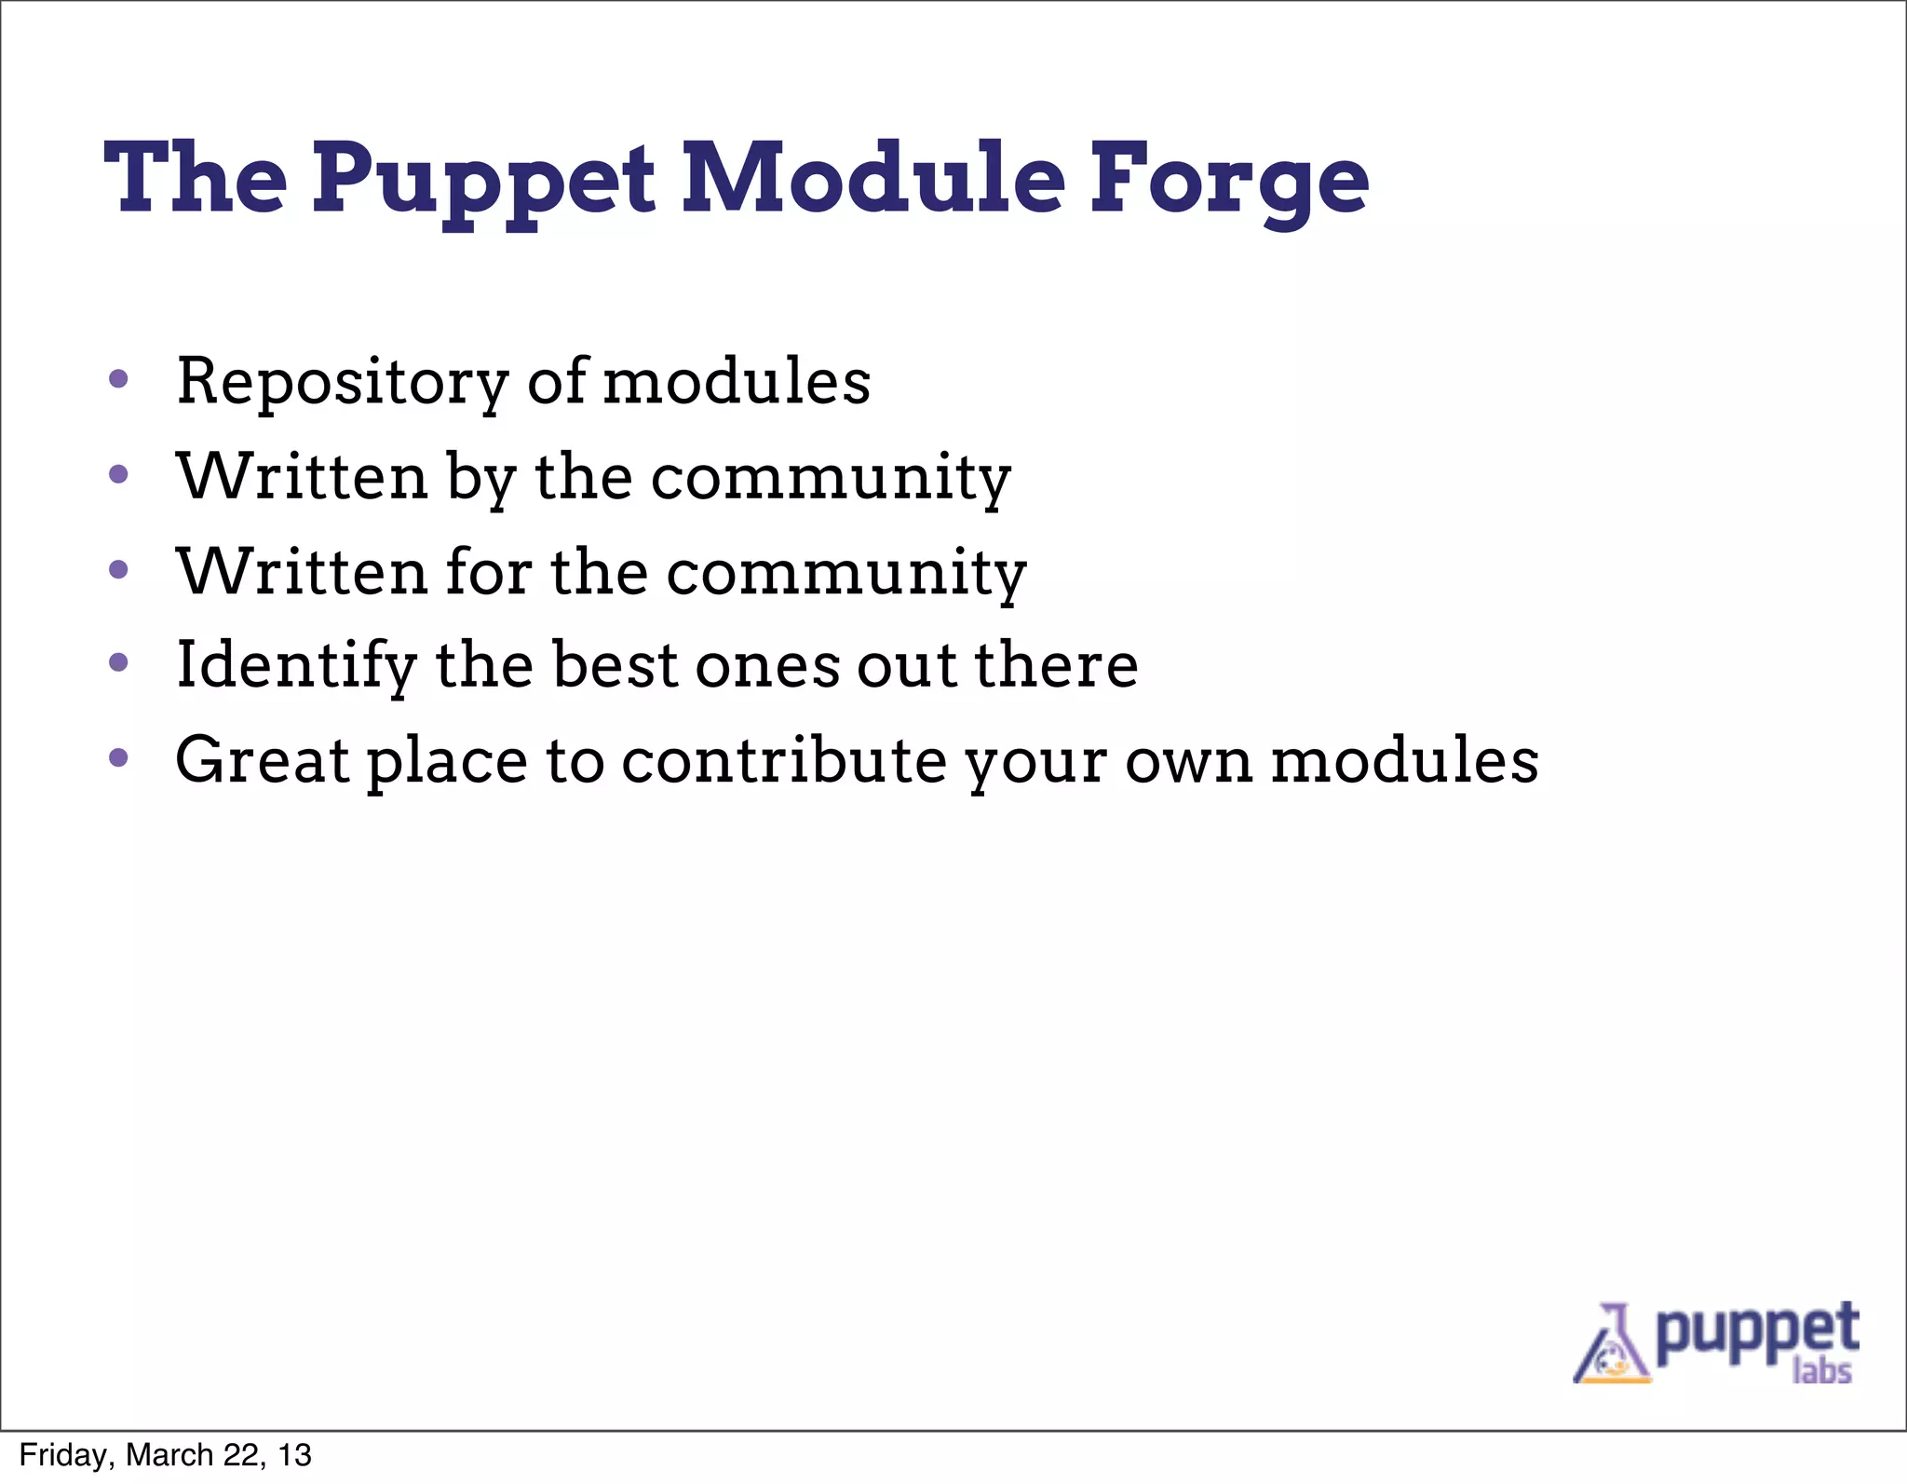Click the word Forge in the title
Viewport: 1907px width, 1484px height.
point(1229,179)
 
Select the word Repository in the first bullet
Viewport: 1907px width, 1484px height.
point(343,382)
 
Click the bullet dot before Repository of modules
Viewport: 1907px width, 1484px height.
point(117,379)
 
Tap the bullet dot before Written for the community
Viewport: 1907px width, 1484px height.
point(117,569)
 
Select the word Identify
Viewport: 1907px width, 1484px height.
point(296,666)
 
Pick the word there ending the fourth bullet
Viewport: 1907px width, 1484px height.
point(1056,665)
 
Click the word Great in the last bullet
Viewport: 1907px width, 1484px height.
point(262,760)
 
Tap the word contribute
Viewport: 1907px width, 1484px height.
point(784,760)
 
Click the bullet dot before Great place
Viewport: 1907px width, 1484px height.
point(117,757)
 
